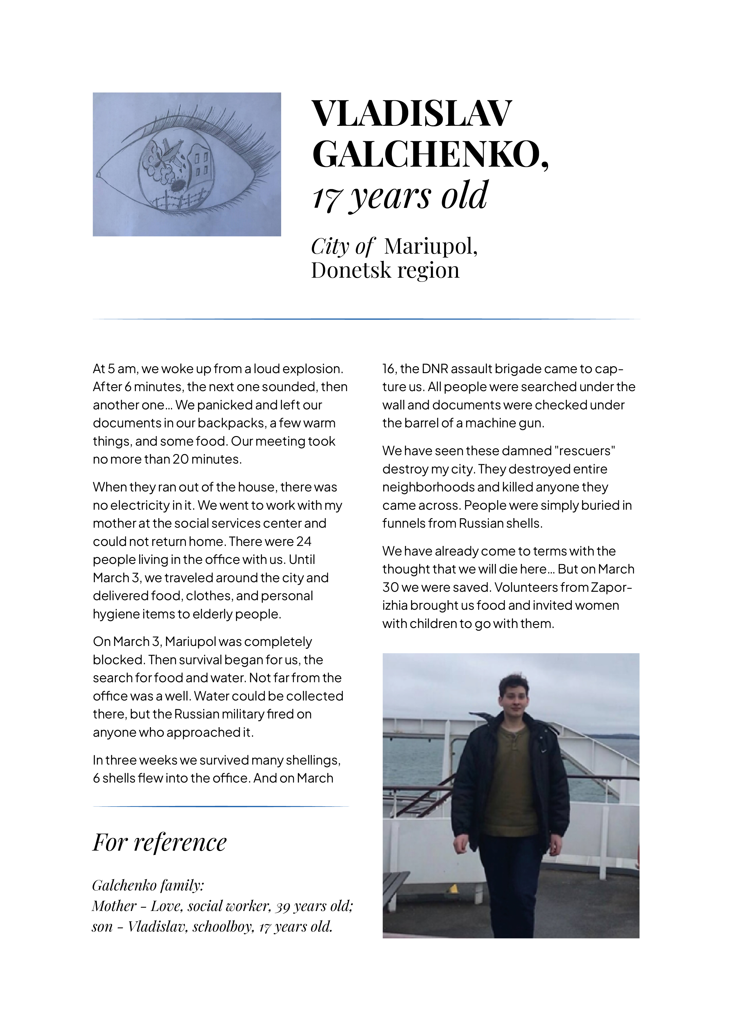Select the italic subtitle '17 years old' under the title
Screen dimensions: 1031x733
point(400,195)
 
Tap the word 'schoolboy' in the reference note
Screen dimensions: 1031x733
point(222,927)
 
